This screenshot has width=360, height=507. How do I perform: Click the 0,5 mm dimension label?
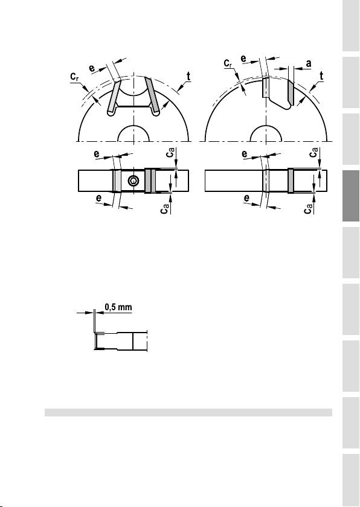[118, 307]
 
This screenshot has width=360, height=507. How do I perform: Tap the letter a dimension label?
[309, 64]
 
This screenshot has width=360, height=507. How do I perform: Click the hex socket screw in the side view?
[133, 181]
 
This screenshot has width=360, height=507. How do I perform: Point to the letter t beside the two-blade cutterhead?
[188, 77]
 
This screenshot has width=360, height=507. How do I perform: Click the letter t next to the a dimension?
[321, 76]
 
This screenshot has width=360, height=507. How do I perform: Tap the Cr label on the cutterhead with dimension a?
[228, 63]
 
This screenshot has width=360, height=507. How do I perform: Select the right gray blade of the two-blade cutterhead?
[152, 97]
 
